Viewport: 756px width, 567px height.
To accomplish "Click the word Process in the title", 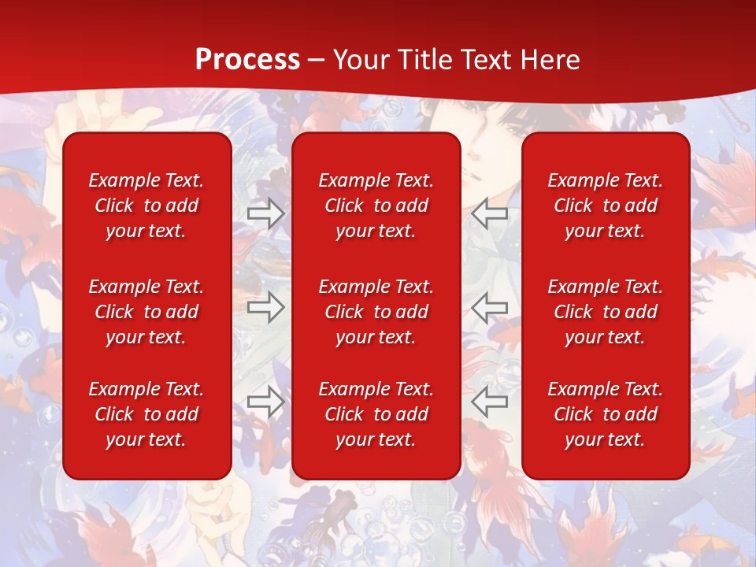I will click(247, 60).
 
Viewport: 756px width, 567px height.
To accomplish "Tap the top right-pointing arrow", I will click(265, 213).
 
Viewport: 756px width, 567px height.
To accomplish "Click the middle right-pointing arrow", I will click(265, 307).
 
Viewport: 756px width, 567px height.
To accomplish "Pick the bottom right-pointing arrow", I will click(265, 401).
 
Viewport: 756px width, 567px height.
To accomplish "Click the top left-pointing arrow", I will click(490, 213).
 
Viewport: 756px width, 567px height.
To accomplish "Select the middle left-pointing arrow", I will click(490, 307).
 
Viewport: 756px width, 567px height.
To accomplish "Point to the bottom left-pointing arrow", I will click(490, 401).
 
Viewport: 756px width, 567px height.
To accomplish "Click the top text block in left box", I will click(146, 206).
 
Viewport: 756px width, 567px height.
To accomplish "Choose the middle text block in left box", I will click(146, 312).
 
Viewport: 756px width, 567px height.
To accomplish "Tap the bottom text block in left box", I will click(146, 414).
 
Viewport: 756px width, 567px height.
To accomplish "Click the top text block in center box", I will click(376, 206).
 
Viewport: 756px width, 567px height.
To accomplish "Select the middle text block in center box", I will click(376, 312).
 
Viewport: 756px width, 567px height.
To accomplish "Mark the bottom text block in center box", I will click(376, 414).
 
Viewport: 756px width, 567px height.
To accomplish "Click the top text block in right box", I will click(605, 206).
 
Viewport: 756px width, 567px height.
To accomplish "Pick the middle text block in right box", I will click(605, 312).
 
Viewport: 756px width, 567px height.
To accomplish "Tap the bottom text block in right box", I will click(605, 414).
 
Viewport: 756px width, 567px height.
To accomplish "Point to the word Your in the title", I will click(365, 60).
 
